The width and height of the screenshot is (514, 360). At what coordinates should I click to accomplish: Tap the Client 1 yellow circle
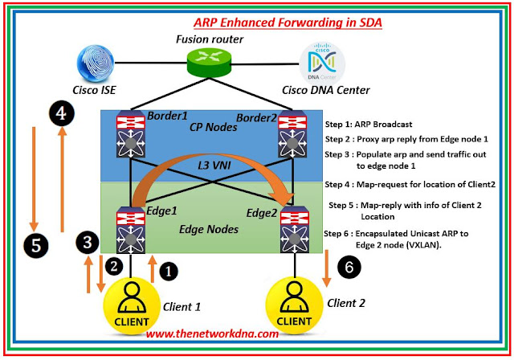(131, 306)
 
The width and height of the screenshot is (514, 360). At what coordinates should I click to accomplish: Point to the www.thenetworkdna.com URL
(212, 333)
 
